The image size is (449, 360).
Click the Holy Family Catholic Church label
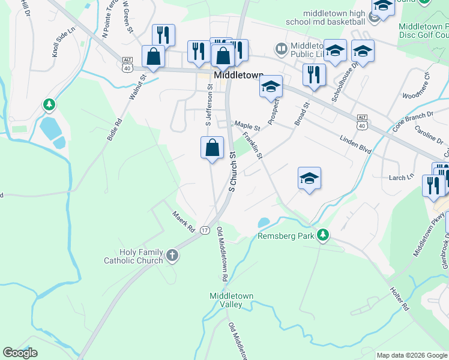pyautogui.click(x=133, y=257)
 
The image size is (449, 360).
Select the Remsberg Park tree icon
pyautogui.click(x=323, y=234)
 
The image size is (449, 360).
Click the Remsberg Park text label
pyautogui.click(x=286, y=236)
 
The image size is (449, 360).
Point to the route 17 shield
pyautogui.click(x=205, y=230)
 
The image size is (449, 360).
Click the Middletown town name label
pyautogui.click(x=239, y=76)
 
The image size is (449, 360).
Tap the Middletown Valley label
pyautogui.click(x=226, y=300)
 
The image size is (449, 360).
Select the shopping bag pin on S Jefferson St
pyautogui.click(x=212, y=148)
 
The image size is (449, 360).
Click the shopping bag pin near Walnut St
pyautogui.click(x=154, y=57)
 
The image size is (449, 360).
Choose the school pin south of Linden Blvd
pyautogui.click(x=309, y=178)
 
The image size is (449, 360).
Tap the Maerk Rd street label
pyautogui.click(x=183, y=221)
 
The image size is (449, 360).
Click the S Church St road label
pyautogui.click(x=232, y=172)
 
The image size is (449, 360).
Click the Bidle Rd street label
pyautogui.click(x=115, y=129)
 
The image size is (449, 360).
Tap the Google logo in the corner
pyautogui.click(x=20, y=353)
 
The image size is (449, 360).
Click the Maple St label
pyautogui.click(x=247, y=127)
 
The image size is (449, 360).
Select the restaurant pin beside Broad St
pyautogui.click(x=314, y=75)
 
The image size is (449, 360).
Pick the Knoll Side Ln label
pyautogui.click(x=64, y=43)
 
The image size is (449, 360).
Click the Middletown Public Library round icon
pyautogui.click(x=281, y=48)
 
